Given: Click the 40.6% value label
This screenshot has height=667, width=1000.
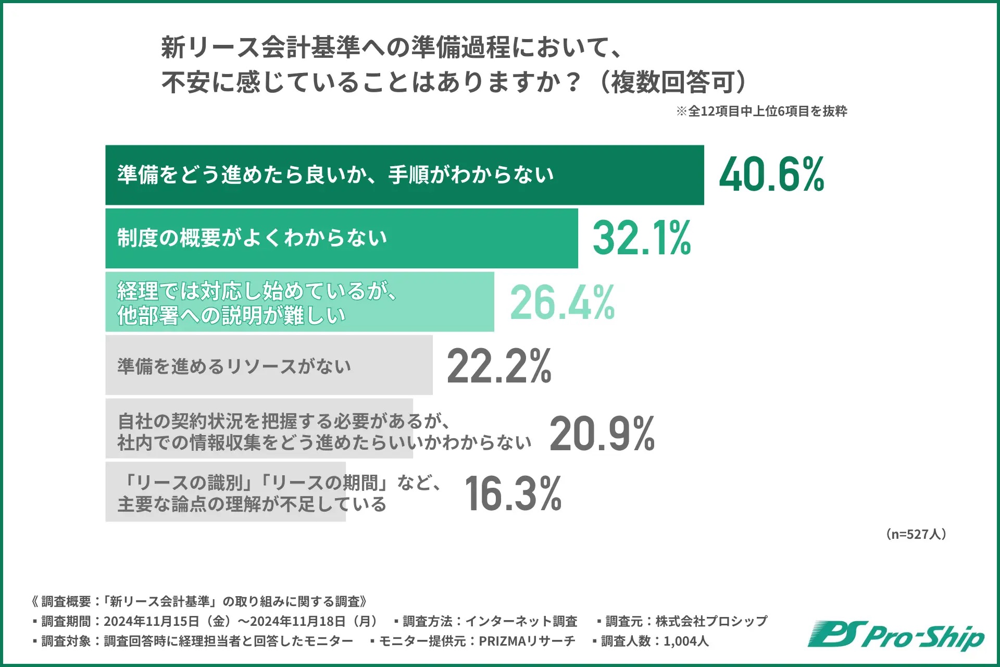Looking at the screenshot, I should [x=771, y=175].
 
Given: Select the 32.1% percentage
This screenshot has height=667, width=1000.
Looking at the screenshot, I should [x=642, y=238].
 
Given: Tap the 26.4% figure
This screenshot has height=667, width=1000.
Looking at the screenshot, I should [x=562, y=302].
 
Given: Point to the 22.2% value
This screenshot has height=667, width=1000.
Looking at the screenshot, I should [x=499, y=366].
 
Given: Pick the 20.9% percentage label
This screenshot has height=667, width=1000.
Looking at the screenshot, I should [x=602, y=434].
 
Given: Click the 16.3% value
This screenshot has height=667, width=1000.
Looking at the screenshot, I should [x=513, y=493].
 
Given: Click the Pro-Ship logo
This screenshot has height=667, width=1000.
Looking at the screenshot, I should [x=896, y=636].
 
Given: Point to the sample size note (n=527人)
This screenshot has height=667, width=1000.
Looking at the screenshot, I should [x=916, y=534].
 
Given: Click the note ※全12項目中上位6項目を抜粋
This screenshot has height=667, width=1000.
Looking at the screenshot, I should [x=761, y=111].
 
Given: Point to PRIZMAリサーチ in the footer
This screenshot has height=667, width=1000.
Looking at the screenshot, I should [x=527, y=641].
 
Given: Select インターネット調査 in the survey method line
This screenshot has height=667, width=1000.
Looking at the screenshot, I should [x=521, y=621].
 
